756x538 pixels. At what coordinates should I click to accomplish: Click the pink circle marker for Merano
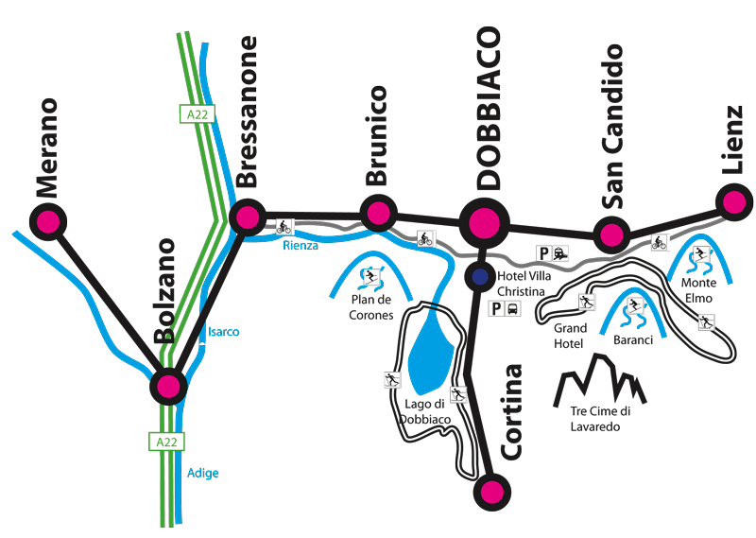tap(48, 222)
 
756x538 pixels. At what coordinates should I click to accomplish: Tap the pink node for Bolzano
tap(168, 386)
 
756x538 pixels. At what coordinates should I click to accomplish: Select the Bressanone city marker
tap(248, 217)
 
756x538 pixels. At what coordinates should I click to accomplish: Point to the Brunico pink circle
tap(379, 213)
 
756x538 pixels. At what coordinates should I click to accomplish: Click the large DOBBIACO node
tap(484, 223)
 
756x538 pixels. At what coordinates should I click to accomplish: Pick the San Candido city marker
tap(611, 235)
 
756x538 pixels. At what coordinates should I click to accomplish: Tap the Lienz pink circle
tap(734, 202)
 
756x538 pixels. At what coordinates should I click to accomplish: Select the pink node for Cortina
tap(491, 493)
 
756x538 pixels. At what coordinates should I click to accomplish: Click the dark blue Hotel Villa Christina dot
tap(480, 276)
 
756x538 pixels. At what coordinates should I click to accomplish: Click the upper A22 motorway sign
tap(198, 114)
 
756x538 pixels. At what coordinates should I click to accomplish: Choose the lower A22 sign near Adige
tap(166, 442)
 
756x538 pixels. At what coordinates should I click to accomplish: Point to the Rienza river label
tap(301, 246)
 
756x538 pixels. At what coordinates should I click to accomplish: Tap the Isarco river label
tap(223, 332)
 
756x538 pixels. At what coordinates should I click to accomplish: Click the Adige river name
tap(202, 473)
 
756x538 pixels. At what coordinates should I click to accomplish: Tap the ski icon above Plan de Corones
tap(370, 276)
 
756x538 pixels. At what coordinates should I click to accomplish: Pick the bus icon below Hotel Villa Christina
tap(512, 308)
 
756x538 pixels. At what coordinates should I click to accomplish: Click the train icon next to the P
tap(559, 252)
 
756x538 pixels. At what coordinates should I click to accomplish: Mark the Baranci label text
tap(633, 340)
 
